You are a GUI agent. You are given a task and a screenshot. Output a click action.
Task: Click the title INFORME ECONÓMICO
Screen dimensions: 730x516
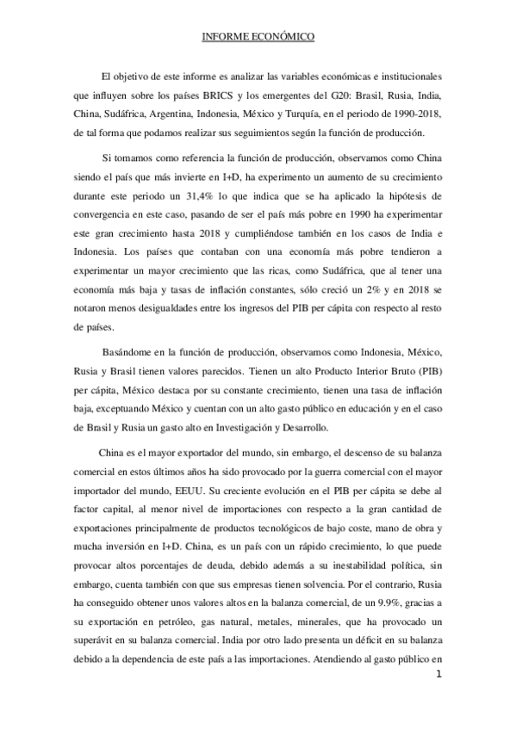coord(258,37)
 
